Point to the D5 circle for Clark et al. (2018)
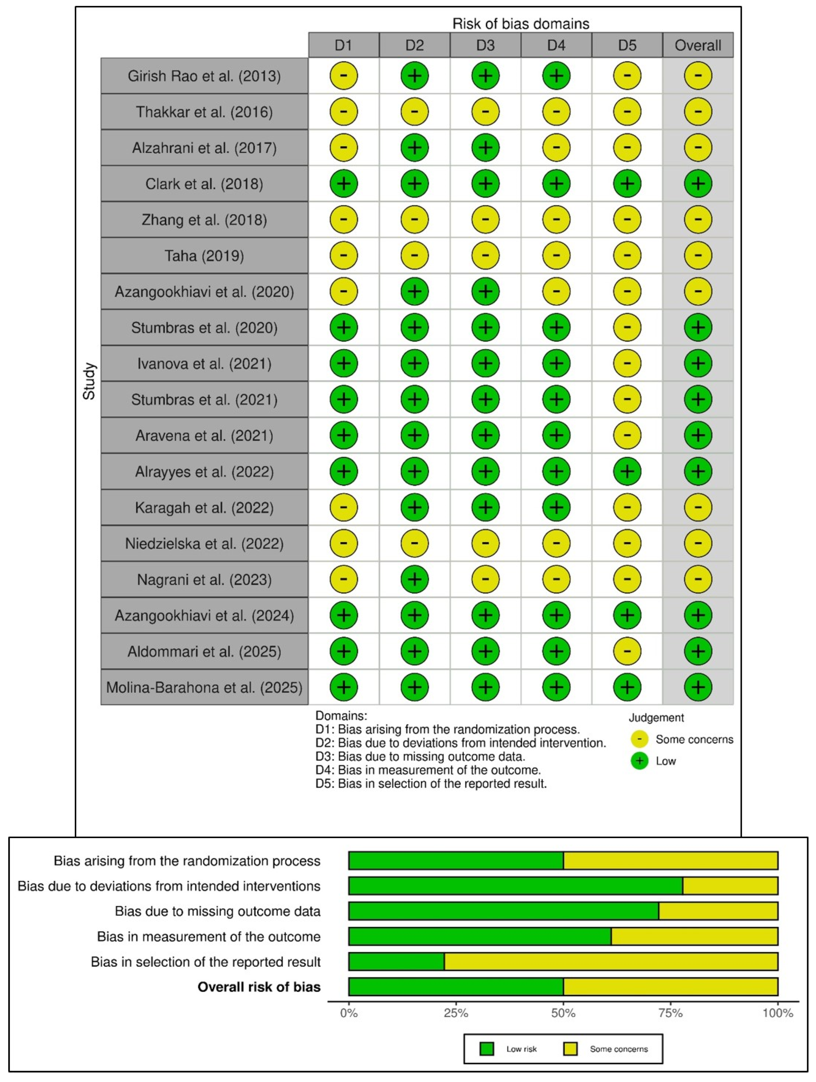(x=627, y=184)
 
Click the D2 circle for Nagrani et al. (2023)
(x=414, y=579)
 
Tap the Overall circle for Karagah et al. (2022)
(x=698, y=507)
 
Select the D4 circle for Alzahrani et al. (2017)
(x=556, y=148)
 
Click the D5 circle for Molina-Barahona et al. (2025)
(x=627, y=687)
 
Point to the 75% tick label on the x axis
(x=670, y=1013)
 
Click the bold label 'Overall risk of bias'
(x=259, y=987)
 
